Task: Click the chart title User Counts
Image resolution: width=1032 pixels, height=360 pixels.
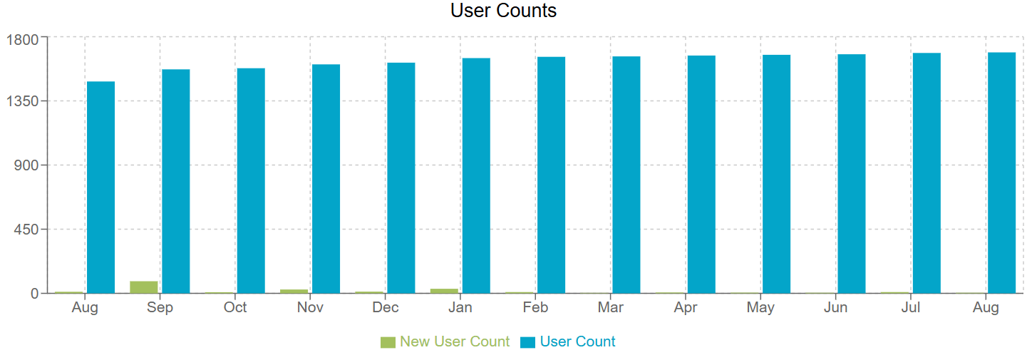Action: (503, 11)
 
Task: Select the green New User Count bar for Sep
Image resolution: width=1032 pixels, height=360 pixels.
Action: (144, 287)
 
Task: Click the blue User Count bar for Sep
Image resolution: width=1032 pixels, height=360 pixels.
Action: (175, 181)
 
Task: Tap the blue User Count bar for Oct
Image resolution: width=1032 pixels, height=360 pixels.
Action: (251, 180)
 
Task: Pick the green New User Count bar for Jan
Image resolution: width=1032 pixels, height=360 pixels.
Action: (444, 290)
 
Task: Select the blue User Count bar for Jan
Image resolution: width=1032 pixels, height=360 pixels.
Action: (476, 175)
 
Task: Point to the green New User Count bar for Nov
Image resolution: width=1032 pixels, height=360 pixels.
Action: (294, 291)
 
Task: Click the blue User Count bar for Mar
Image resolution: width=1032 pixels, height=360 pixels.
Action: (626, 175)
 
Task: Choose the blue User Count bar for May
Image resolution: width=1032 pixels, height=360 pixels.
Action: (776, 174)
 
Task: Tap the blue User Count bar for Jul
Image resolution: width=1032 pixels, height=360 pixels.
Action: (927, 173)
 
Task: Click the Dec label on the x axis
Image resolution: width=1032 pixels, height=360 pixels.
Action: (386, 308)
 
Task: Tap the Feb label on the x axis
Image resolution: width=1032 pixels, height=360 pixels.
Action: (535, 308)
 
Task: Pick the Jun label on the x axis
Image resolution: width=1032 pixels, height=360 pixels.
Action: (835, 308)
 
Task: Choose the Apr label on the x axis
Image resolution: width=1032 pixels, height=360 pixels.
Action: (686, 308)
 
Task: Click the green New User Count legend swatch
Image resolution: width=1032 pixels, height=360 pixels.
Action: (388, 342)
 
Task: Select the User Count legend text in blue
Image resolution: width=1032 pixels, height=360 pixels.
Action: (577, 341)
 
